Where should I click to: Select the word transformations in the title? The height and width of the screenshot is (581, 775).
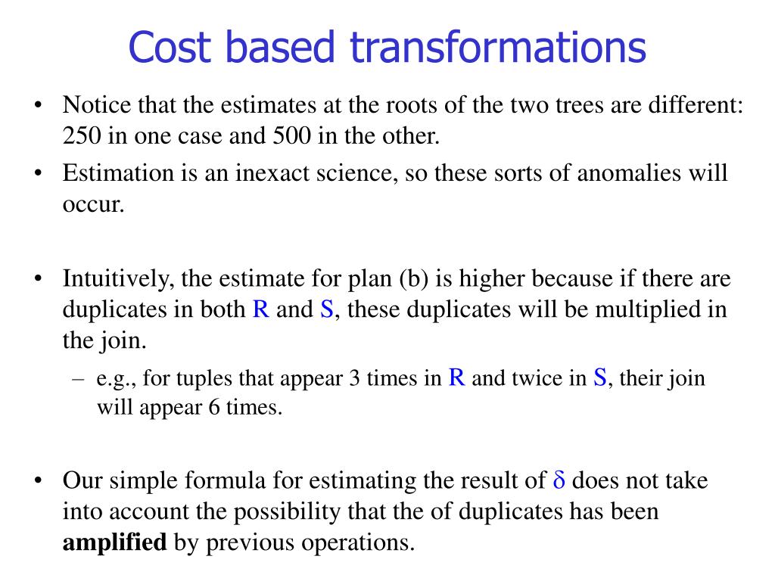point(498,47)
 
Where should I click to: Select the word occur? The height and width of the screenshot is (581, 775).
point(92,204)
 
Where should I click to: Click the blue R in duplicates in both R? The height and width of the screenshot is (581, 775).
point(261,309)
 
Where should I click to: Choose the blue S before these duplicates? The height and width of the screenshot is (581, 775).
point(327,309)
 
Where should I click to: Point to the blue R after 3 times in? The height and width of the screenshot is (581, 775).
point(456,377)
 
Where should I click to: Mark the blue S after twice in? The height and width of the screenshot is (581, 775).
point(599,377)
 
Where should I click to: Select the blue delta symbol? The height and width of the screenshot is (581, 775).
point(560,480)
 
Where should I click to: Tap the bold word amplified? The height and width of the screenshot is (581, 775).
point(114,542)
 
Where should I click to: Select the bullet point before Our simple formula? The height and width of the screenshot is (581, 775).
point(38,481)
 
